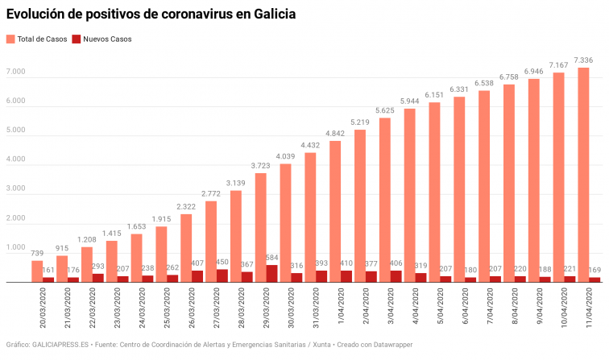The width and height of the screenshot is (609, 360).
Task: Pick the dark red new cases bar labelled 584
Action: point(272,274)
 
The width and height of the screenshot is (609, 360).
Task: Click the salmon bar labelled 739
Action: point(37,271)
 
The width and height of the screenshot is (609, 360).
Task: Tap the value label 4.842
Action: point(335,133)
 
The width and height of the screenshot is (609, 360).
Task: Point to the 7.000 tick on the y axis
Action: point(16,72)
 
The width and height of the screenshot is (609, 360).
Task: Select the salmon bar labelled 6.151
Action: point(434,192)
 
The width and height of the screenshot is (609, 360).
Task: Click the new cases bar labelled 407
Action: point(198,276)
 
